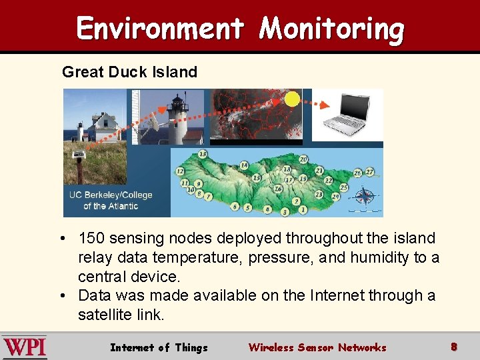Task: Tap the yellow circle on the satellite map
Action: tap(292, 99)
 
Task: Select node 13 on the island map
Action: tap(202, 154)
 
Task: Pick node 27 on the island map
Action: tap(370, 172)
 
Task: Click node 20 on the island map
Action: tap(303, 159)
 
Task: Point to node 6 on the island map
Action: tap(235, 207)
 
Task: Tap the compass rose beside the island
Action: tap(365, 196)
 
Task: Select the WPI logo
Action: tap(24, 347)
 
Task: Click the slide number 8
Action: tap(454, 347)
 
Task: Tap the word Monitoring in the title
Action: tap(331, 29)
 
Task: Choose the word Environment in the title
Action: tap(160, 29)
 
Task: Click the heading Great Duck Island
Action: tap(129, 72)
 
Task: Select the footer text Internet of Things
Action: tap(159, 347)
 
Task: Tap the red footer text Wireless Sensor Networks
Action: tap(317, 347)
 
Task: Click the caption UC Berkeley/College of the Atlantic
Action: tap(111, 200)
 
